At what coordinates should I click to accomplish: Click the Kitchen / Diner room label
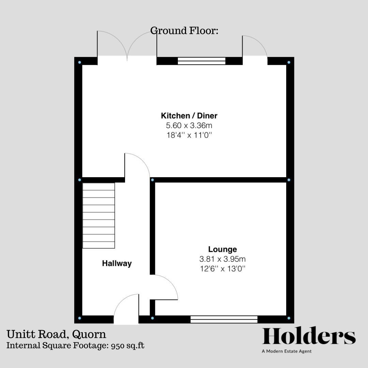[189, 116]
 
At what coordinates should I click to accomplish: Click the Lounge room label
[223, 249]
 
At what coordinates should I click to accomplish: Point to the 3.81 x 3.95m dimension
[223, 259]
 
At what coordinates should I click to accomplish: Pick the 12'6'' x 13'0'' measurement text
[223, 269]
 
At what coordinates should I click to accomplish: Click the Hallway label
[117, 263]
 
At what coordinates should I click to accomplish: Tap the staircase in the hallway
[99, 215]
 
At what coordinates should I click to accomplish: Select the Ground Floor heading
[184, 31]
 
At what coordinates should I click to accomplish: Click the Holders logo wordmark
[309, 337]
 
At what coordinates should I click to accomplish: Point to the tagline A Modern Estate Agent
[287, 351]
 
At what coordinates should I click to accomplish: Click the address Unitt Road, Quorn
[56, 334]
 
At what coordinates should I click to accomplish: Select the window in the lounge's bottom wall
[224, 319]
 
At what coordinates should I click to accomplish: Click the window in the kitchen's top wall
[202, 61]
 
